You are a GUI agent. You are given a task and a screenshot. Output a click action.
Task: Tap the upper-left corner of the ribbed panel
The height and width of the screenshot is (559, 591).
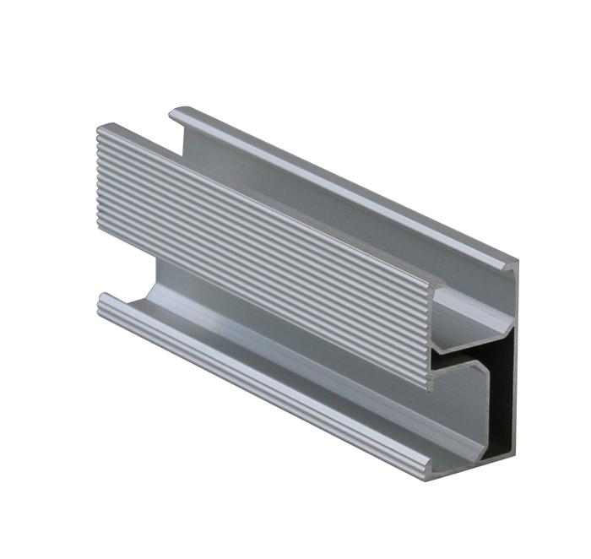(98, 127)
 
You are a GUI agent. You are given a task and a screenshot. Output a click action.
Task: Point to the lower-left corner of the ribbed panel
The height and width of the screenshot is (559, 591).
(99, 231)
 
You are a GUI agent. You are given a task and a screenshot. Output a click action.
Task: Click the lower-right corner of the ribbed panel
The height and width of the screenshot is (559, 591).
(429, 389)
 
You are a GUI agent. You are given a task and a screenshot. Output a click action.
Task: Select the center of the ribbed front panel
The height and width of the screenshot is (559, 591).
(262, 253)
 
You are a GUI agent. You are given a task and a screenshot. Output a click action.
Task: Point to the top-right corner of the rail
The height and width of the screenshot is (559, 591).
(517, 257)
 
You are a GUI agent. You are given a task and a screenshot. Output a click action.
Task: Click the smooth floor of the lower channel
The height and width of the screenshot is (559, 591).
(279, 355)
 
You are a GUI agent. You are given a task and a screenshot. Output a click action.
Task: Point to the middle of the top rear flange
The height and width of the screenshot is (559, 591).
(338, 177)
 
